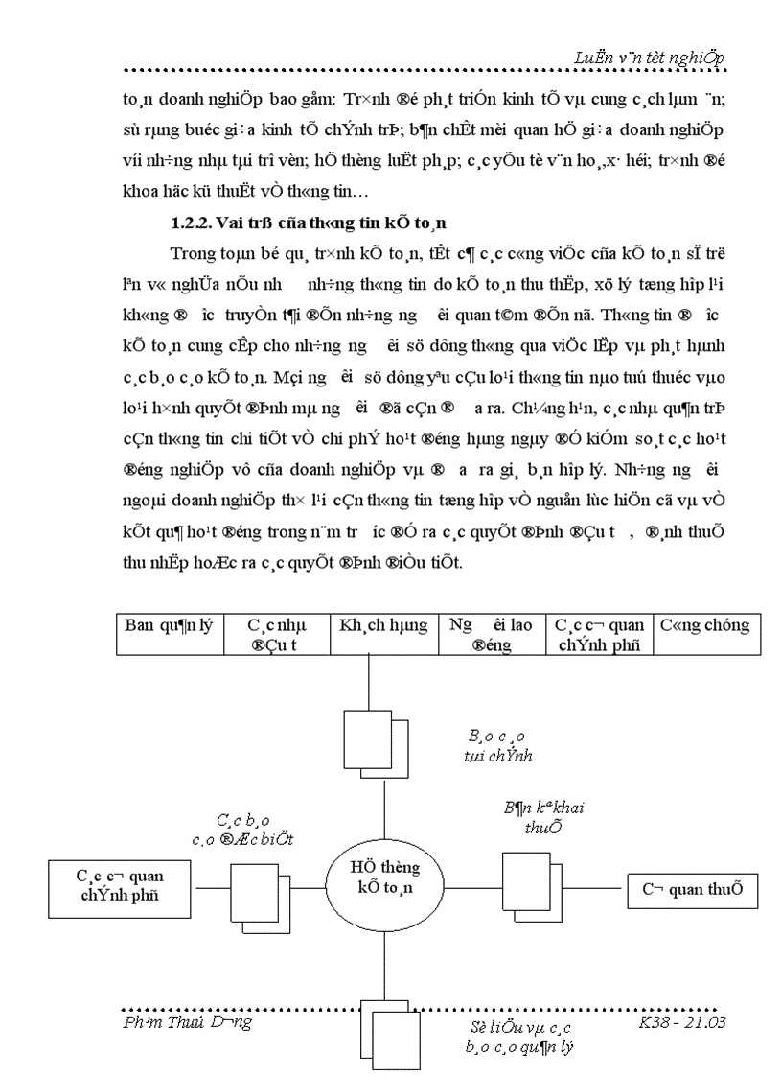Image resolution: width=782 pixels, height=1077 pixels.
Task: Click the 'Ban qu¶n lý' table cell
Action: (x=170, y=634)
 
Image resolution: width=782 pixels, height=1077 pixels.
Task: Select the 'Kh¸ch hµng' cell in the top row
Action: (x=383, y=634)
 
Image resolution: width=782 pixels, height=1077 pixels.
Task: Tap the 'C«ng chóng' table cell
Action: (x=705, y=634)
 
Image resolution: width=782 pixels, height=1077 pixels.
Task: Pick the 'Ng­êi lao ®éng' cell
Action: (x=492, y=634)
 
